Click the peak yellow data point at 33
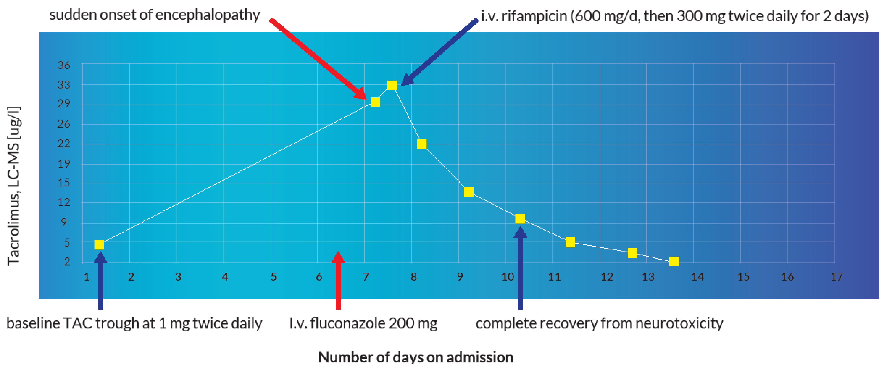392,85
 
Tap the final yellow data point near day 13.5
674,261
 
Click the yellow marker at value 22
422,144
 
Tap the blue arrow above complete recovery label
520,267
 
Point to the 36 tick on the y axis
64,65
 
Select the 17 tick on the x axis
836,276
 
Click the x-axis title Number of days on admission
415,357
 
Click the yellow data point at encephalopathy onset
375,102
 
